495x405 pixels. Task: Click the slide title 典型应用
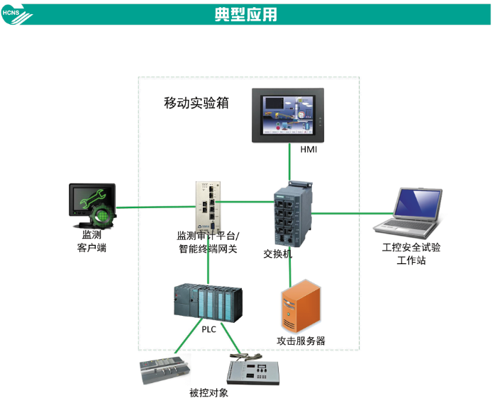coord(246,14)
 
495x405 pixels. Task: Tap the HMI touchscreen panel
coord(289,114)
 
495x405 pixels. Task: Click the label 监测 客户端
coord(91,241)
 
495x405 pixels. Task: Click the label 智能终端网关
coord(208,249)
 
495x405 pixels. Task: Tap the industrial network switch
coord(291,212)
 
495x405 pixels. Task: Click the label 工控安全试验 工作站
coord(411,253)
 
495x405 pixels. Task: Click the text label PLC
coord(208,329)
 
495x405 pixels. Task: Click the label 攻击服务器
coord(301,341)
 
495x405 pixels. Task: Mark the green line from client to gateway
coord(156,207)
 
